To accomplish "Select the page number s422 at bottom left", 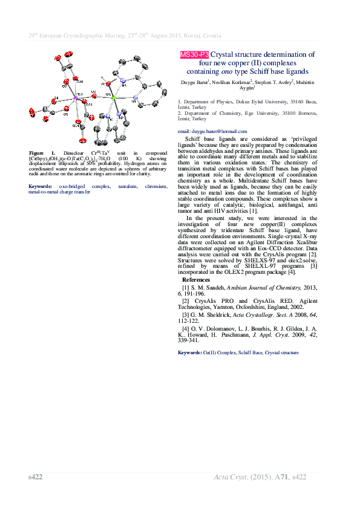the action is (x=36, y=478).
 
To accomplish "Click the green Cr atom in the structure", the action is (x=113, y=97).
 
